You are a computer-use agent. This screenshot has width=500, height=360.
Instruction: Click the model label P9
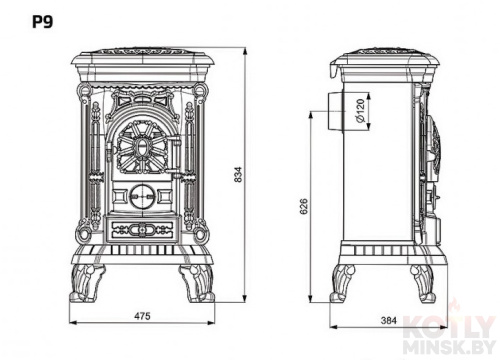point(42,22)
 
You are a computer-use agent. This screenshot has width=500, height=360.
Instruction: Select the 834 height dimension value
point(238,174)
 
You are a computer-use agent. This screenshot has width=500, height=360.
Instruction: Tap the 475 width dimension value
point(142,316)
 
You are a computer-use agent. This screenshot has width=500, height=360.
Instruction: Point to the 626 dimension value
point(304,207)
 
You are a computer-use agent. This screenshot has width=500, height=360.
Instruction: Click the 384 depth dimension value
point(389,320)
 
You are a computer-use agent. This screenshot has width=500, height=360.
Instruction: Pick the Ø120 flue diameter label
point(360,110)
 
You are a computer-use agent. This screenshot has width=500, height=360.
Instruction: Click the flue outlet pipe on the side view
point(334,111)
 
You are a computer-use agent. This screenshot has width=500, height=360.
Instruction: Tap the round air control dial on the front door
point(142,196)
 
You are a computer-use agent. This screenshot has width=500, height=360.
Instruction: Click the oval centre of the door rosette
point(142,147)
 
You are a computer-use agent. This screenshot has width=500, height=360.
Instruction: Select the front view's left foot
point(87,283)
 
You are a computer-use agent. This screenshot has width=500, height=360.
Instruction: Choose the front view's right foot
point(197,283)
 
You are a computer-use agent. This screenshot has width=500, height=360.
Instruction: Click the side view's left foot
point(342,283)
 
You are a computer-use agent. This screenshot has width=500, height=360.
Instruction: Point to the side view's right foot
point(423,283)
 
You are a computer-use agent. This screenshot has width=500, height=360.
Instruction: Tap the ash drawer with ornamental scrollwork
point(142,229)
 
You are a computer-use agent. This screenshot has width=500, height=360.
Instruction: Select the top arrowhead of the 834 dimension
point(245,52)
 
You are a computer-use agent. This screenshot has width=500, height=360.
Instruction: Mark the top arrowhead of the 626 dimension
point(311,115)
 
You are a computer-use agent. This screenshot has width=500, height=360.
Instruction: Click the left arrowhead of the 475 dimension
point(73,323)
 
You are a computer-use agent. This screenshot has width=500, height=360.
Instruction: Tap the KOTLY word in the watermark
point(449,327)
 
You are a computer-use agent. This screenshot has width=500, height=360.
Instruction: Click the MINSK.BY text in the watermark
point(449,347)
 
